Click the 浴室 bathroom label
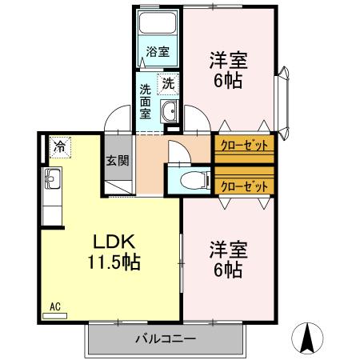158,53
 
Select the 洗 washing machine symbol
169,82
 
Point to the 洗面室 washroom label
146,101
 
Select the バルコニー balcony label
165,339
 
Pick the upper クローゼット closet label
243,146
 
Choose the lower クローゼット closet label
243,186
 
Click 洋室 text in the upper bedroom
228,61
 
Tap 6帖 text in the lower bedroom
228,270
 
